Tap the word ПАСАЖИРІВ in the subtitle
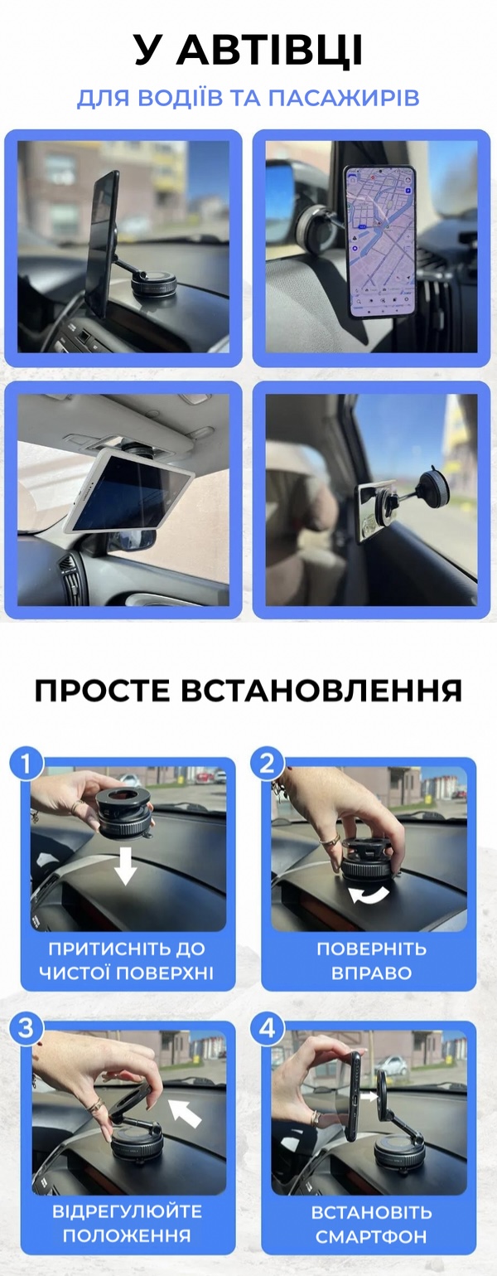pos(344,98)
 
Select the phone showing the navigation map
pos(379,241)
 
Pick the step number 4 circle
pos(267,1028)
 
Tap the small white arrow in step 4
pos(369,1096)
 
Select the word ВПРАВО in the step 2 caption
pos(371,973)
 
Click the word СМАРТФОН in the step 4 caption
pos(371,1237)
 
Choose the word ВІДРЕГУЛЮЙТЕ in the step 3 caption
pos(127,1211)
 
